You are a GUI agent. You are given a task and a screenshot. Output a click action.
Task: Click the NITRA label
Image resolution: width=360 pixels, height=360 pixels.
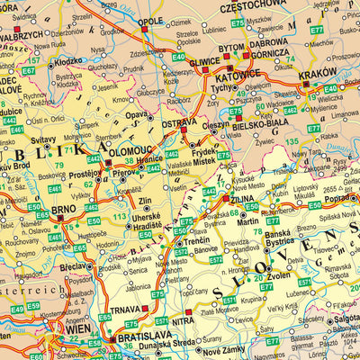click(x=183, y=318)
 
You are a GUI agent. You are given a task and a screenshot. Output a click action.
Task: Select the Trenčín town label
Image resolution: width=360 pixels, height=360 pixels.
click(x=189, y=241)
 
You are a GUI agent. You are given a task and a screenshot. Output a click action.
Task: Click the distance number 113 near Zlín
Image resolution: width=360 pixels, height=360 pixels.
click(x=120, y=216)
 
